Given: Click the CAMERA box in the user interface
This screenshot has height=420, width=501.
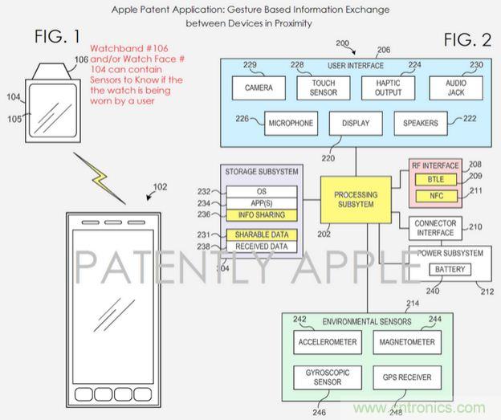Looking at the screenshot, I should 259,88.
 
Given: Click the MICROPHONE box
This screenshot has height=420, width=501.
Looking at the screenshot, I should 290,124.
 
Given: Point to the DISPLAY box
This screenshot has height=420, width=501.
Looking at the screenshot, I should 355,124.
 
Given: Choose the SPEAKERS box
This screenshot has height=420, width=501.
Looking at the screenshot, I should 421,124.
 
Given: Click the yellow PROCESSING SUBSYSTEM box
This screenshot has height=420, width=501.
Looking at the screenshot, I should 355,200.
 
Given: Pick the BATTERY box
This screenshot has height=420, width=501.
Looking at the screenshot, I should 450,270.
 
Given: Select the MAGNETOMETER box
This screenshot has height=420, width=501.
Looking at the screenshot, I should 405,342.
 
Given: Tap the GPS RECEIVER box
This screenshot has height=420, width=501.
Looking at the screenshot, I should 405,377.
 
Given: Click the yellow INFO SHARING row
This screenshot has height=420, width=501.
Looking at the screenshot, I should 261,215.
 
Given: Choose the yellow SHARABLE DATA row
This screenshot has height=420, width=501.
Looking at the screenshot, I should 261,234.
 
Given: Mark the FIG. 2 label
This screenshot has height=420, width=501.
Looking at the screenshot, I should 469,40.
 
